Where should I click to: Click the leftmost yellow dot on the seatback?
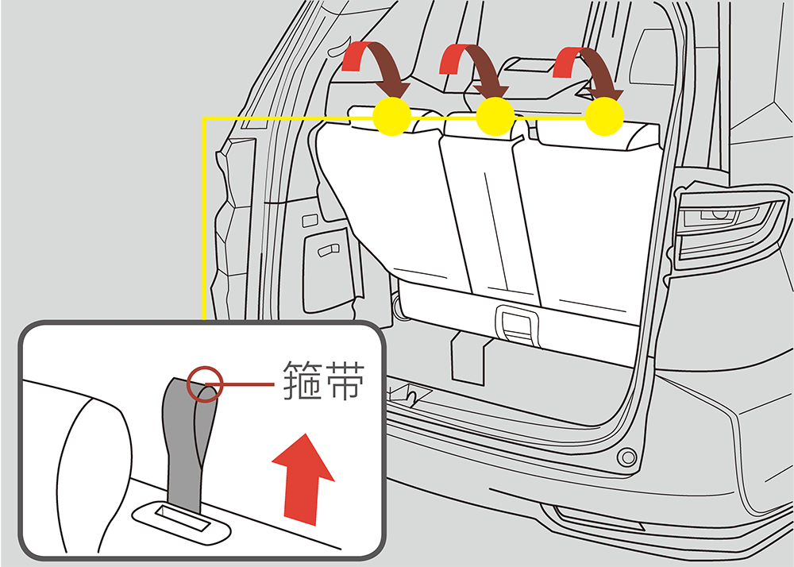click(391, 117)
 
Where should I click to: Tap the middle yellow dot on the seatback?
click(495, 117)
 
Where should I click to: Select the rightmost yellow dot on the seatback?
click(604, 117)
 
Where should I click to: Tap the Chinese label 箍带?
click(323, 380)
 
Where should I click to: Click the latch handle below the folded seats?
click(517, 326)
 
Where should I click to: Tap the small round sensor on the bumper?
click(627, 457)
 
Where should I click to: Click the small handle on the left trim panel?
click(329, 249)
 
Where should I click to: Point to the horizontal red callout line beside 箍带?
click(247, 384)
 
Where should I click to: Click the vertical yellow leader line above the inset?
click(203, 218)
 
